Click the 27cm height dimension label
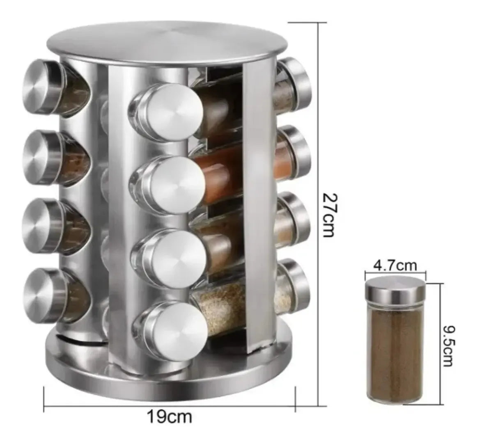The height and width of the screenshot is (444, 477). coord(330,214)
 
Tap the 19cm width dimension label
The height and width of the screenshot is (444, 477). coord(170,417)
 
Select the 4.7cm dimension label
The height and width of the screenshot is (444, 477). coord(395,266)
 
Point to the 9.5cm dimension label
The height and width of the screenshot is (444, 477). coord(448,346)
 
